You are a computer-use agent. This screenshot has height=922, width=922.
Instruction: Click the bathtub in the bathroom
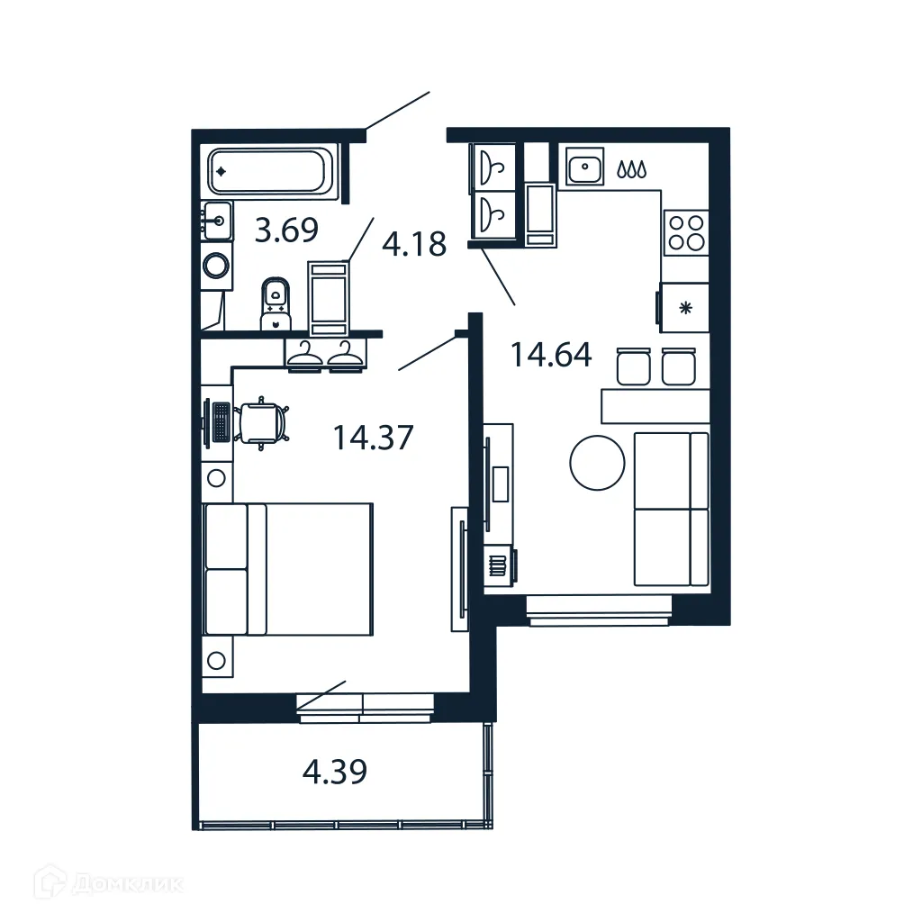tap(269, 171)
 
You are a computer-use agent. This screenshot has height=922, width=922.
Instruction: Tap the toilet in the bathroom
tap(276, 304)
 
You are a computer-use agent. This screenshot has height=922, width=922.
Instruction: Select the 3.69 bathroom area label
tap(286, 230)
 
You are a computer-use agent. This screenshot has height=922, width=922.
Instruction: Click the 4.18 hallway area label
tap(414, 243)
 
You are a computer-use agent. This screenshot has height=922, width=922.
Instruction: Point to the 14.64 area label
tap(551, 355)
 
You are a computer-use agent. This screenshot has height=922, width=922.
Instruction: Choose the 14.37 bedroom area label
tap(373, 438)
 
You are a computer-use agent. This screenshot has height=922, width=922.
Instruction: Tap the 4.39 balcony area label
tap(334, 772)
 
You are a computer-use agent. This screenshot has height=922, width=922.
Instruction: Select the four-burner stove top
tap(685, 231)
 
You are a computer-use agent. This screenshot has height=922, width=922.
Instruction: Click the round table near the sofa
tap(597, 464)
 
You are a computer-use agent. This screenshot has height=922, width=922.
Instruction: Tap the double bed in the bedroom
tap(288, 568)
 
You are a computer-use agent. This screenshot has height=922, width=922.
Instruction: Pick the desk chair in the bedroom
tap(264, 422)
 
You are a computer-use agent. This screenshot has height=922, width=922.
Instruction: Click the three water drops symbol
tap(630, 168)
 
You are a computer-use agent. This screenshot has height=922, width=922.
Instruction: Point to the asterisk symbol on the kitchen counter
tap(685, 308)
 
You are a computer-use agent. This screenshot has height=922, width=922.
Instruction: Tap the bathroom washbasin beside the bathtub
tap(216, 220)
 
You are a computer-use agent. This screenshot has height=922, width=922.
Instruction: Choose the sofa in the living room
tap(671, 509)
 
